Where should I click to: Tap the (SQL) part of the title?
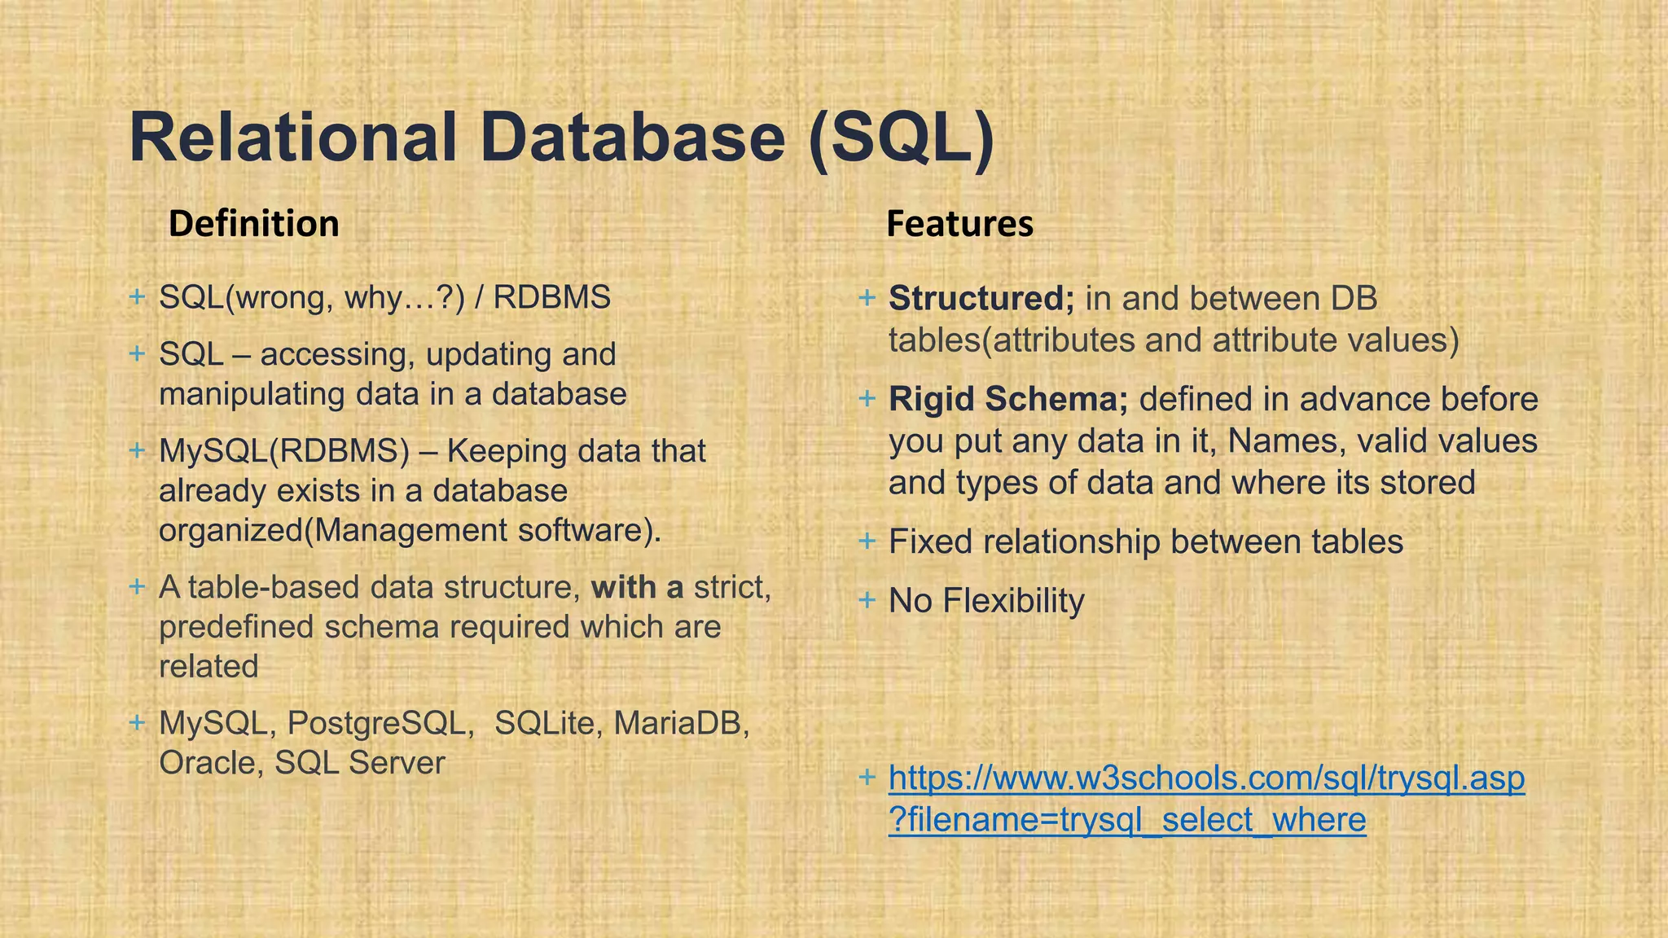point(902,138)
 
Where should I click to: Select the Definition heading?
point(253,224)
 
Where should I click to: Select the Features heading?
point(959,224)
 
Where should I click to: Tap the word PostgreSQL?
point(380,723)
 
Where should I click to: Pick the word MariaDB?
point(681,723)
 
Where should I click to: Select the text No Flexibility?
point(986,601)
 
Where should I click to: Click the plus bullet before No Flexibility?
point(867,600)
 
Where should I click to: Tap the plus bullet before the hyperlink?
point(867,777)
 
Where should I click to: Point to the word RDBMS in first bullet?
point(551,298)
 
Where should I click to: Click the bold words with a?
point(637,587)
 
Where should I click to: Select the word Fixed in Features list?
point(930,542)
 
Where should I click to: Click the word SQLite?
point(544,723)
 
